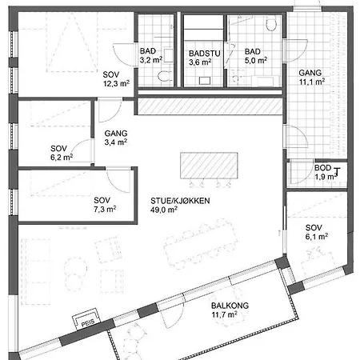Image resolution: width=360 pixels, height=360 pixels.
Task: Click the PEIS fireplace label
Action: click(88, 323)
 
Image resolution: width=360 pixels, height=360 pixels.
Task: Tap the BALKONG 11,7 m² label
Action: click(230, 310)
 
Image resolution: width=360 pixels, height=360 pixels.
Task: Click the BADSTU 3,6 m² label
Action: click(205, 58)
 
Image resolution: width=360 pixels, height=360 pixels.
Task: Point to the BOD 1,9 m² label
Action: click(326, 172)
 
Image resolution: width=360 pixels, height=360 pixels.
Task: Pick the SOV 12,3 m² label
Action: click(116, 79)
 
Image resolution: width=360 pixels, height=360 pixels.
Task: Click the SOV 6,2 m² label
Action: click(62, 153)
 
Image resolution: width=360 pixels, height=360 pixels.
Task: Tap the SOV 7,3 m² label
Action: click(105, 205)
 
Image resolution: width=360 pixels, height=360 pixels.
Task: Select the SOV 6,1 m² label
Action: click(317, 232)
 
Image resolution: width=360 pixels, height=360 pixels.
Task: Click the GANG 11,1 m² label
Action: click(312, 77)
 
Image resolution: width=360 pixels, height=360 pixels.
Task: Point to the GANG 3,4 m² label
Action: click(116, 138)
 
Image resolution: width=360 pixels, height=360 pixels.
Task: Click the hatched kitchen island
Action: click(209, 166)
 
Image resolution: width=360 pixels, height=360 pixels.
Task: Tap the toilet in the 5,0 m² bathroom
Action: click(271, 24)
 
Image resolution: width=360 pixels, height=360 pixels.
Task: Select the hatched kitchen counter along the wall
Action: click(210, 106)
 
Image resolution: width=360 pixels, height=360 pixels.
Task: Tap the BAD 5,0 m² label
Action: click(256, 56)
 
